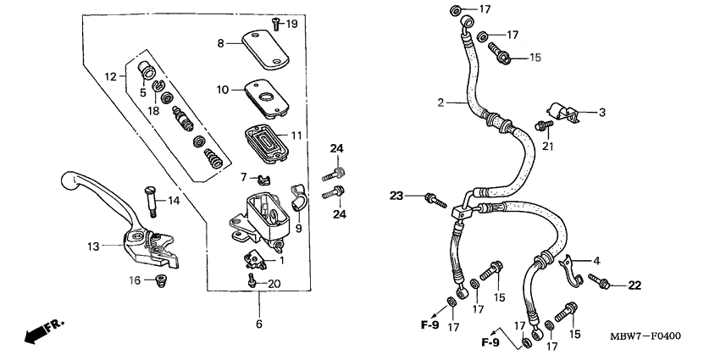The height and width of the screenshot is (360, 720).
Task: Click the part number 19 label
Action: click(x=292, y=24)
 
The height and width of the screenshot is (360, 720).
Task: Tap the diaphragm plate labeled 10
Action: click(x=268, y=95)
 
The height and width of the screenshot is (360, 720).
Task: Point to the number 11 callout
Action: click(x=296, y=136)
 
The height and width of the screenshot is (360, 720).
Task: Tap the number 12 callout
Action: click(x=110, y=77)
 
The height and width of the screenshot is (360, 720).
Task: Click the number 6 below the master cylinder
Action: click(x=259, y=323)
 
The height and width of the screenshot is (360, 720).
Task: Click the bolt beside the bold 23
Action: click(x=435, y=201)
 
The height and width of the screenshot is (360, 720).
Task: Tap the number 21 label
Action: click(x=547, y=147)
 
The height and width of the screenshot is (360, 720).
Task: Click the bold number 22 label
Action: click(x=635, y=285)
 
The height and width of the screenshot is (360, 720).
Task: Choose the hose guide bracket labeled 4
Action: click(x=571, y=269)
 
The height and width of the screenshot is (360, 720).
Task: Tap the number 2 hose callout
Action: click(x=440, y=102)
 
